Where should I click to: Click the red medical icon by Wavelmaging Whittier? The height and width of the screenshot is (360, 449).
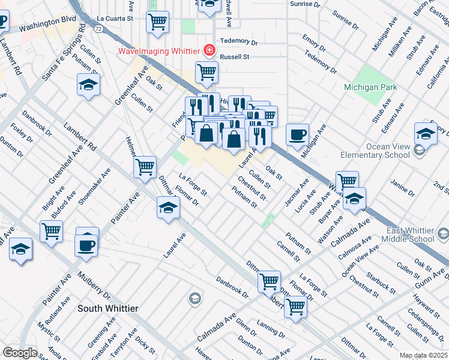coord(209,50)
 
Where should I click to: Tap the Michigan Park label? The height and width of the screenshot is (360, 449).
coord(370,87)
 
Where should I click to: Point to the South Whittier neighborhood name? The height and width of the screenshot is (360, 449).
coord(108,308)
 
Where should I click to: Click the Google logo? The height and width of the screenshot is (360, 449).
coord(20,353)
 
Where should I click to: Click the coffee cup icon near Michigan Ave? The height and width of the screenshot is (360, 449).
coord(297,134)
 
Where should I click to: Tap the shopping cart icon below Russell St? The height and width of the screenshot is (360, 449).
coord(206,72)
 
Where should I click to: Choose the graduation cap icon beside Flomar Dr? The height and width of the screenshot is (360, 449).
coord(169,208)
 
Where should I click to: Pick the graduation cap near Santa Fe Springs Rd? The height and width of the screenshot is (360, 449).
coord(88,84)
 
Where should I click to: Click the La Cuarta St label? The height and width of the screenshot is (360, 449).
coord(113,19)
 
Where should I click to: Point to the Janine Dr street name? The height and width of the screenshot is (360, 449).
coord(402,188)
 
